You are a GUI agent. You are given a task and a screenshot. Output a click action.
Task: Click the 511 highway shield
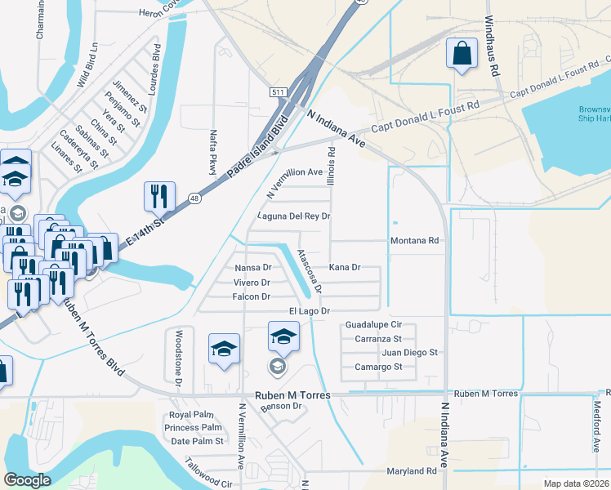tap(279, 93)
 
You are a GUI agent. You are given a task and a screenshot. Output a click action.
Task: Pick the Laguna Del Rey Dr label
tap(293, 216)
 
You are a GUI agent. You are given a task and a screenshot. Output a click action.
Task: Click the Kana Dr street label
tap(344, 267)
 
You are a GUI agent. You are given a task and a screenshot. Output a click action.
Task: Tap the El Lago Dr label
tap(309, 311)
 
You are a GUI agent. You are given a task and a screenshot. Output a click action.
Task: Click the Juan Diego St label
tap(410, 353)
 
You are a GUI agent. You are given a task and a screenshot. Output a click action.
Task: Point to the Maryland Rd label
tap(412, 471)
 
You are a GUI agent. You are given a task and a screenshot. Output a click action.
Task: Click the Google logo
tap(28, 480)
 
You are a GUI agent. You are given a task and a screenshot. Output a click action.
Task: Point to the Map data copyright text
tap(576, 483)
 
